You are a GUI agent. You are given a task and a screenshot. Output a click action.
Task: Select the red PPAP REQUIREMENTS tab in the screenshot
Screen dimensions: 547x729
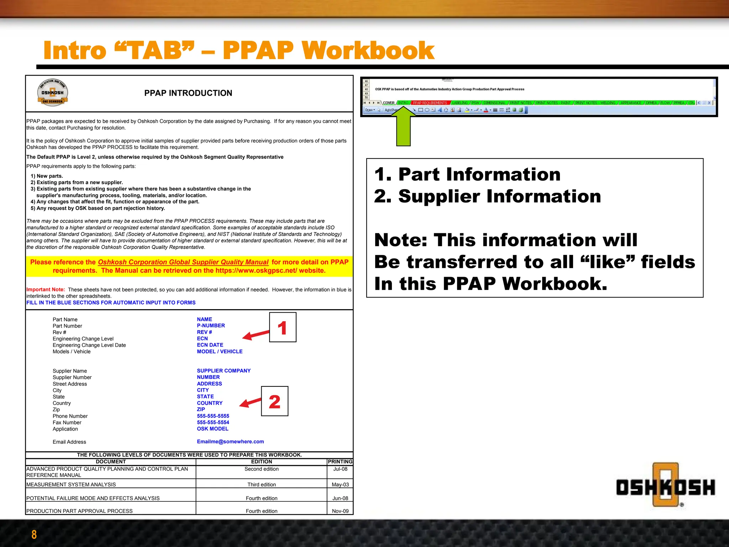tap(430, 103)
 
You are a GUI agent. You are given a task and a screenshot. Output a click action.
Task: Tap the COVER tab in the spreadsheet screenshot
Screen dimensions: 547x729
tap(389, 103)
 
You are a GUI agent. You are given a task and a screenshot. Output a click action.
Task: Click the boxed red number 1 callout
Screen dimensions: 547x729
tap(283, 327)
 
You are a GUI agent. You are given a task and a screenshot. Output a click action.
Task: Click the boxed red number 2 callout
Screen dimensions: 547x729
tap(274, 401)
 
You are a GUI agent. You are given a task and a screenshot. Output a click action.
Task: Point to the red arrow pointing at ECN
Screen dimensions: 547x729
tap(256, 335)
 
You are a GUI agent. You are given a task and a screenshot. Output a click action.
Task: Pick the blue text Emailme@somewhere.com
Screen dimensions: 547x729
tap(230, 442)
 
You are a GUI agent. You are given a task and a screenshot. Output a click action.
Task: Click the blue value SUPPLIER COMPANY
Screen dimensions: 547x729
tap(224, 371)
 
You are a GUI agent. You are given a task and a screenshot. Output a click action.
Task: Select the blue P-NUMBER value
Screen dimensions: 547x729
tap(211, 325)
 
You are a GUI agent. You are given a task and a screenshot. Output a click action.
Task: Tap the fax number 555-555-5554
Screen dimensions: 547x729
tap(213, 422)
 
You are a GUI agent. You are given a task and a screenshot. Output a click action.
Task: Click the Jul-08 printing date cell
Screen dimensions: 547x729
tap(340, 469)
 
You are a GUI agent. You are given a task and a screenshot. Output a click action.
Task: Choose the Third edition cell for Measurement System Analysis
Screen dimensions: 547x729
tap(261, 484)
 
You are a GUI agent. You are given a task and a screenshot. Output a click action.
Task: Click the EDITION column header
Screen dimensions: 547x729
tap(261, 462)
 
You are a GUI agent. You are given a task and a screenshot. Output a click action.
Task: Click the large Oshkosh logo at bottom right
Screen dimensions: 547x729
tap(665, 486)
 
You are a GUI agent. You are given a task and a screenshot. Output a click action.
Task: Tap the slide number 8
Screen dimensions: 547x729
tap(34, 535)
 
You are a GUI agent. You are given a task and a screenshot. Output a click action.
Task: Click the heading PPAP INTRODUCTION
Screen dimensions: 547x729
tap(188, 93)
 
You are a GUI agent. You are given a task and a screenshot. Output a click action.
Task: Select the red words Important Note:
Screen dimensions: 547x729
tap(46, 290)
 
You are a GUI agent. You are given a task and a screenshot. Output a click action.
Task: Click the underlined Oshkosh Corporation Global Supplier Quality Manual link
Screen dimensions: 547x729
tap(183, 262)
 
